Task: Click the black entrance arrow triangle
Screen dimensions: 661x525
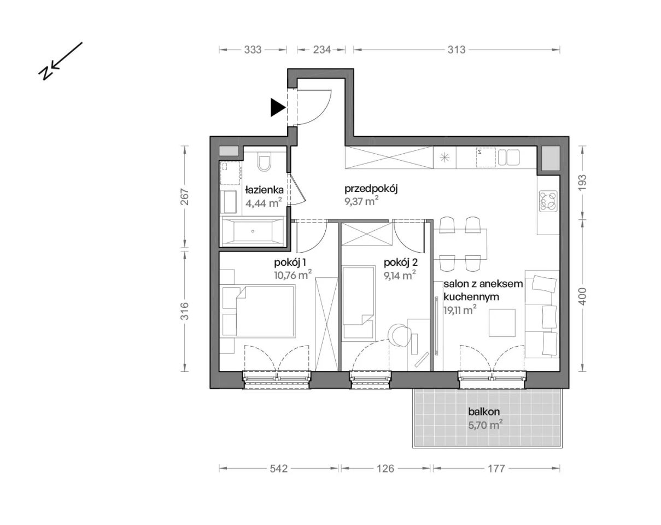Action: coord(277,108)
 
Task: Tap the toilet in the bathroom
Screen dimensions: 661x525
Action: coord(264,163)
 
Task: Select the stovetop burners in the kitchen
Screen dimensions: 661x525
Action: coord(548,202)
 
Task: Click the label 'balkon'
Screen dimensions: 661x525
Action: coord(484,411)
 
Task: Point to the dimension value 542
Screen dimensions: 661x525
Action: coord(279,469)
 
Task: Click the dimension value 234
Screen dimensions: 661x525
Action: coord(321,49)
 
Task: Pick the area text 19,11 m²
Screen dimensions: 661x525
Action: coord(460,310)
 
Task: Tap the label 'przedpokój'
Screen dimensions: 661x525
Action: coord(371,189)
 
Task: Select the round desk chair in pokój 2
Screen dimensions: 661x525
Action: coord(399,335)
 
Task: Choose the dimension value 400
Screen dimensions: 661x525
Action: coord(582,296)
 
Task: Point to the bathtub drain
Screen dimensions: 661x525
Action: coord(253,231)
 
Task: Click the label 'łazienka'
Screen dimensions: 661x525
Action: coord(264,190)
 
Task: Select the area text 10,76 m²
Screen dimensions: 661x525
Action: coord(293,275)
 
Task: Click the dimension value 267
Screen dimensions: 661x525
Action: coord(185,197)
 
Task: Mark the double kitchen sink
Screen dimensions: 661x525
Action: coord(508,157)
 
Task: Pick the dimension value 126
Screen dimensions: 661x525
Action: coord(385,469)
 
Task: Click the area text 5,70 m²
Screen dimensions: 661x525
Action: coord(485,425)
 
